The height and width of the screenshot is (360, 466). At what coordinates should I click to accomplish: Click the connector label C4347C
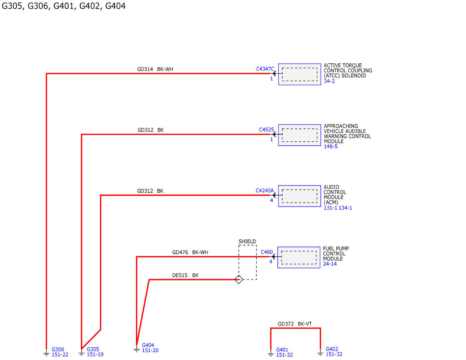(x=265, y=69)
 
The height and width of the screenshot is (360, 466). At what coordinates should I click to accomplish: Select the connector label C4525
(x=266, y=129)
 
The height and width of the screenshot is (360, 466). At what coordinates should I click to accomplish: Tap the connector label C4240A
(x=265, y=190)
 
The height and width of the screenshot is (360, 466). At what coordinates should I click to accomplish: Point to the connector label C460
(x=267, y=252)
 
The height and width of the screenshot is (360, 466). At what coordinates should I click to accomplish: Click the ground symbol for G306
(x=46, y=353)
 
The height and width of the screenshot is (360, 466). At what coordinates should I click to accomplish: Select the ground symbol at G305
(x=82, y=353)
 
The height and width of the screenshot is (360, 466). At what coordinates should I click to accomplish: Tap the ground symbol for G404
(x=137, y=349)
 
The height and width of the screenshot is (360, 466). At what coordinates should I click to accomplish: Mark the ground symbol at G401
(x=271, y=353)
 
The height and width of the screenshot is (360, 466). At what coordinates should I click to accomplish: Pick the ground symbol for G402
(x=320, y=353)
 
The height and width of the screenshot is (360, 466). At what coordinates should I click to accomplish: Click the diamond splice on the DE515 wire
(x=239, y=280)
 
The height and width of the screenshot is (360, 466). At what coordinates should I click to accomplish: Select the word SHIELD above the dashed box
(x=247, y=242)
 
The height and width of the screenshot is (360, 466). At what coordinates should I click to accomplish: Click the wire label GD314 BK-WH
(x=155, y=69)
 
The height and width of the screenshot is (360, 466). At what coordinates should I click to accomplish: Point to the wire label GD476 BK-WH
(x=190, y=252)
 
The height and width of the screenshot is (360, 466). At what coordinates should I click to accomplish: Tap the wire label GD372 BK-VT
(x=295, y=324)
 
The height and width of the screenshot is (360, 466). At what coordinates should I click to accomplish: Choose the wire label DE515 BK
(x=185, y=275)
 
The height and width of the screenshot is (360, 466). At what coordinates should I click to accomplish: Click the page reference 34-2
(x=329, y=81)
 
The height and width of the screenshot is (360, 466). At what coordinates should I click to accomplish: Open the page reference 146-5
(x=331, y=146)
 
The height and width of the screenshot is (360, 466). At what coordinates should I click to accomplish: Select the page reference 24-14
(x=330, y=264)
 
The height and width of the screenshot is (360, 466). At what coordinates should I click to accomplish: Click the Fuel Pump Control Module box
(x=299, y=257)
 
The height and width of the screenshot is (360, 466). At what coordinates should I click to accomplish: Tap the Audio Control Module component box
(x=299, y=196)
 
